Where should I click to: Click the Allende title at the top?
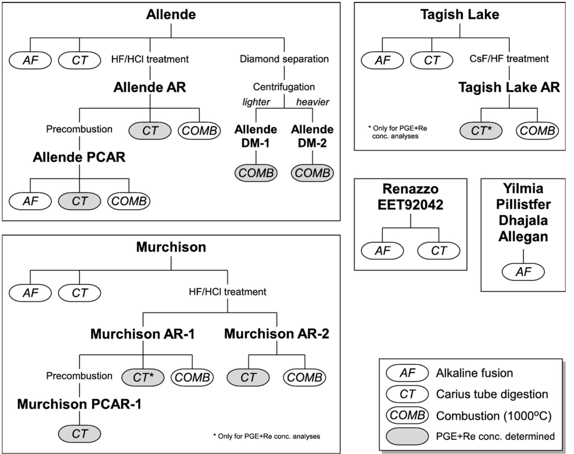click(171, 15)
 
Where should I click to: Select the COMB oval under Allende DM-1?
click(256, 173)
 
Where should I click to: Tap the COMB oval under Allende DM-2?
click(312, 173)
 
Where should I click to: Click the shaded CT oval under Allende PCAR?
click(79, 201)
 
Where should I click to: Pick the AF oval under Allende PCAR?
click(30, 201)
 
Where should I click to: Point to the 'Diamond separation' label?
click(284, 59)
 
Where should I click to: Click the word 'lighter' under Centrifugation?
click(256, 102)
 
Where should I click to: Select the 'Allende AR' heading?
click(150, 87)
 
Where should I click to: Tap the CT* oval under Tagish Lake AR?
click(481, 131)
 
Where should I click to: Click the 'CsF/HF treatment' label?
click(509, 59)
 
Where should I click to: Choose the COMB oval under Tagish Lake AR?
click(537, 131)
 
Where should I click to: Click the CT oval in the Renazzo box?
click(439, 251)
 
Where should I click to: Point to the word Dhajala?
click(523, 220)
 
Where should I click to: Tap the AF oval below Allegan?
click(523, 272)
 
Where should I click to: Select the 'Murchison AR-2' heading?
click(277, 334)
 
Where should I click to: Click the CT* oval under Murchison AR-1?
click(143, 377)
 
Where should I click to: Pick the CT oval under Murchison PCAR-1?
click(79, 434)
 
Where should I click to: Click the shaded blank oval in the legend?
click(407, 436)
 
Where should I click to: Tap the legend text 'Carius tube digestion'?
click(492, 394)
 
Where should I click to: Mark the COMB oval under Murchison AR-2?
click(304, 377)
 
